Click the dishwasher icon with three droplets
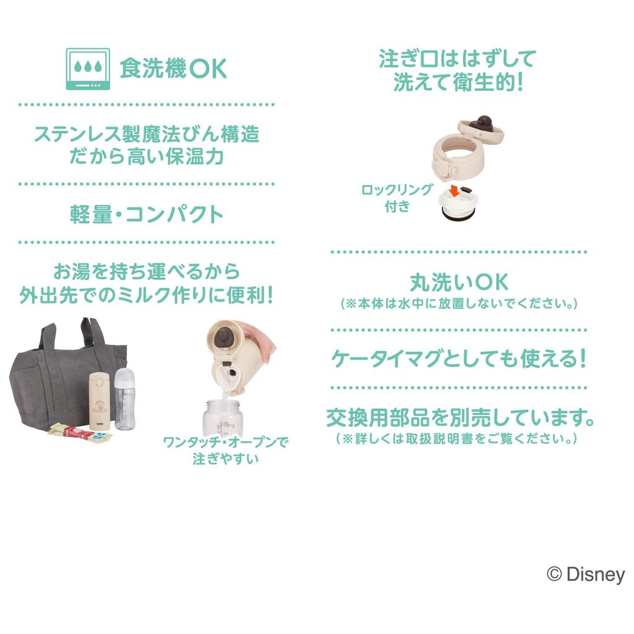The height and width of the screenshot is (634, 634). (87, 69)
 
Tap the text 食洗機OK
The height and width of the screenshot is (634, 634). (173, 69)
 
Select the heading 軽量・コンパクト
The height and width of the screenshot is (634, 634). (147, 214)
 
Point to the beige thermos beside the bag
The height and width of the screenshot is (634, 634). (98, 401)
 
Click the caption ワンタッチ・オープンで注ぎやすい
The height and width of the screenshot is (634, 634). (226, 450)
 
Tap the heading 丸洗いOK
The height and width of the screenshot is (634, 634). (459, 283)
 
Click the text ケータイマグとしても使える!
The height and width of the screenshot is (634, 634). (459, 358)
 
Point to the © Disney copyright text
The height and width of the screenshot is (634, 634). (586, 575)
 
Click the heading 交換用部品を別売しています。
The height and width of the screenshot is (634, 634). (460, 419)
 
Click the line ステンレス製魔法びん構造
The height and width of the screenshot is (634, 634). (146, 134)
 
